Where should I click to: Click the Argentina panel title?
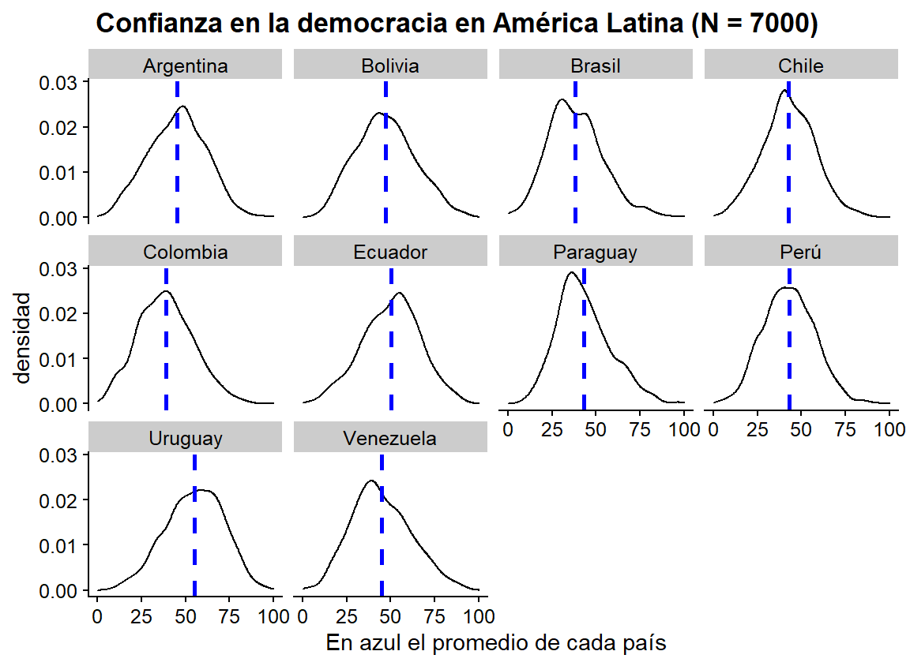coord(185,66)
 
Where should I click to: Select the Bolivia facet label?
coord(390,66)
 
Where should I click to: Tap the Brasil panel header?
coord(596,66)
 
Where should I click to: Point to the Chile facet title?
coord(800,66)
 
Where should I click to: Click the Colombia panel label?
coord(185,253)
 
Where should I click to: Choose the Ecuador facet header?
coord(390,253)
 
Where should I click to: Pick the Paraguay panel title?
coord(596,253)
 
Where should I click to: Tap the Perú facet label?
coord(800,253)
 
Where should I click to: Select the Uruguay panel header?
coord(185,439)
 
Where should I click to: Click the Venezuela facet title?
coord(390,439)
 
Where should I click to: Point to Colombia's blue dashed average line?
coord(166,355)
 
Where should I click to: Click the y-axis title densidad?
coord(23,337)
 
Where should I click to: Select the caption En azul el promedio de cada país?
coord(496,643)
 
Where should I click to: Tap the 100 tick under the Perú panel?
coord(889,430)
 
